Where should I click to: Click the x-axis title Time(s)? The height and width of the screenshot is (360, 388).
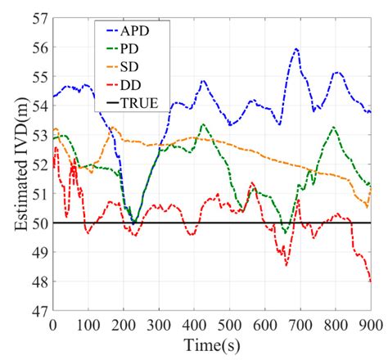tap(212, 345)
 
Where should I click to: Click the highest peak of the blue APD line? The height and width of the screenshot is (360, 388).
tap(296, 48)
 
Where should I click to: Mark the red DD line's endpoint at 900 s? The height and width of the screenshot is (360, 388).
tap(370, 281)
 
